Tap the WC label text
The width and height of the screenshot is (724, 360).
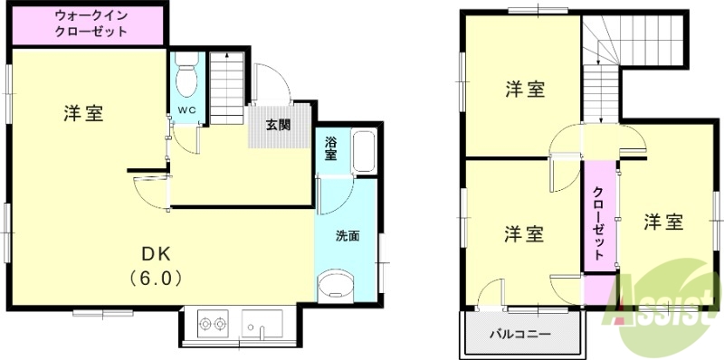tap(186, 110)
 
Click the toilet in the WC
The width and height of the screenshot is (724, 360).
tap(187, 77)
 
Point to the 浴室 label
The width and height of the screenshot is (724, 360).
tap(331, 147)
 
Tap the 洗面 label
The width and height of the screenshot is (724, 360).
tap(348, 237)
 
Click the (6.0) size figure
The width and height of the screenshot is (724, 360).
tap(155, 278)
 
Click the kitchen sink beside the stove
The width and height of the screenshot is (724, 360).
tap(263, 323)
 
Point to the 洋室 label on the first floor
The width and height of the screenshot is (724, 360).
tap(83, 114)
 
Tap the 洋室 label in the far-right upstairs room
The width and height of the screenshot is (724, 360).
tap(662, 221)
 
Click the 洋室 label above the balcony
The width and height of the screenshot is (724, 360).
tap(524, 233)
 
